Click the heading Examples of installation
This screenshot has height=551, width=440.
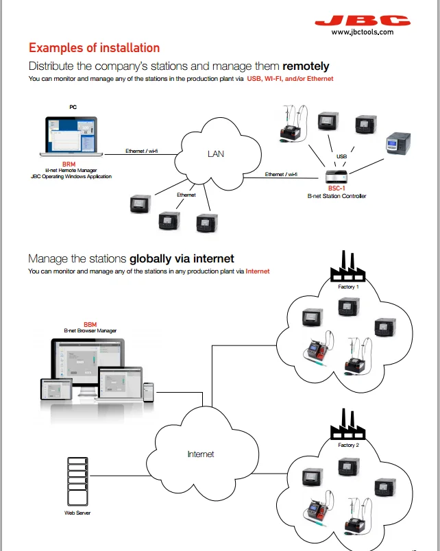click(x=94, y=48)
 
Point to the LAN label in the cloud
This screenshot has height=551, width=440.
click(x=216, y=154)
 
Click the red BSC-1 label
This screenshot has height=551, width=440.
click(x=337, y=188)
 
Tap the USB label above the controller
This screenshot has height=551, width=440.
click(x=341, y=157)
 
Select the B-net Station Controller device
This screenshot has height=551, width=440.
click(x=337, y=174)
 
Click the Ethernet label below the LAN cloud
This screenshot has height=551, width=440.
click(x=186, y=195)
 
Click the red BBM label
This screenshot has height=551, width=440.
click(x=90, y=323)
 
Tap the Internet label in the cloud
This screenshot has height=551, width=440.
click(x=201, y=454)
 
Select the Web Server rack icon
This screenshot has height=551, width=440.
click(x=77, y=480)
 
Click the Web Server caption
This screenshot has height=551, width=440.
click(x=77, y=513)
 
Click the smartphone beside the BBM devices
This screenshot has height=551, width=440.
click(x=147, y=391)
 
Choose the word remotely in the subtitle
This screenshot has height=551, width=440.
click(x=305, y=66)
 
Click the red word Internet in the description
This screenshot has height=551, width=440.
click(x=257, y=271)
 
